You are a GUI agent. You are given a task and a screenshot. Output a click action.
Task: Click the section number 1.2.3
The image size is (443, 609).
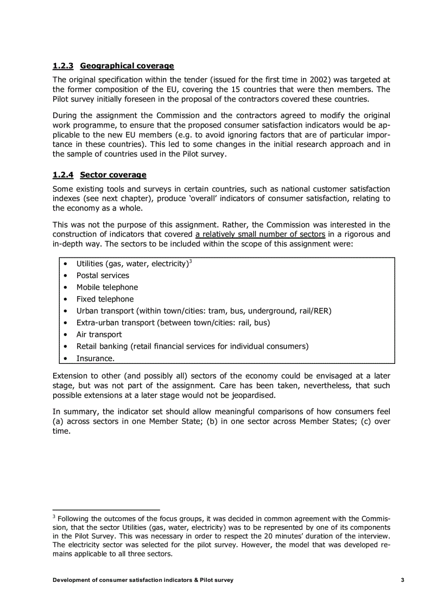pyautogui.click(x=63, y=66)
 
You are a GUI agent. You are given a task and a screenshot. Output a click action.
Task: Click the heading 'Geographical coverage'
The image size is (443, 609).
pyautogui.click(x=126, y=66)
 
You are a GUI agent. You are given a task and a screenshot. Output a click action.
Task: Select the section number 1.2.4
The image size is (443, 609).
pyautogui.click(x=63, y=175)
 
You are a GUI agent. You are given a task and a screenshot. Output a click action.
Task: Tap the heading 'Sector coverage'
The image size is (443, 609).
pyautogui.click(x=113, y=175)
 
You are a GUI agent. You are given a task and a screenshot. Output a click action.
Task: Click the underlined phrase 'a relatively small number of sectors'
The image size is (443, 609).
pyautogui.click(x=260, y=234)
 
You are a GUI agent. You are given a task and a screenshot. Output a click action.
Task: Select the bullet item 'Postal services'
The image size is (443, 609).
pyautogui.click(x=103, y=275)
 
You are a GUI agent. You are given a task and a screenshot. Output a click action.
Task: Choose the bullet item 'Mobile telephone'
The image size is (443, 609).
pyautogui.click(x=107, y=287)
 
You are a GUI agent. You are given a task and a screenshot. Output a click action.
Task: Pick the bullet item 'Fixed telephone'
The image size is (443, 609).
pyautogui.click(x=105, y=299)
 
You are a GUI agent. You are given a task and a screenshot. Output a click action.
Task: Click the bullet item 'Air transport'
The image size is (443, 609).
pyautogui.click(x=99, y=335)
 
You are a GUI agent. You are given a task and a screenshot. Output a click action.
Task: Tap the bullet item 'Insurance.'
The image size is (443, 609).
pyautogui.click(x=95, y=358)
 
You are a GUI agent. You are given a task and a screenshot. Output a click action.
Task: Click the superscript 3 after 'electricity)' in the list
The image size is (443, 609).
pyautogui.click(x=191, y=261)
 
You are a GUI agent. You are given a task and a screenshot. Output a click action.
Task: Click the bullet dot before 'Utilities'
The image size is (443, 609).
pyautogui.click(x=65, y=264)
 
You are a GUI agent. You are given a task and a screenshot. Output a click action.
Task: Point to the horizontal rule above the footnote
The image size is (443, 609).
pyautogui.click(x=106, y=510)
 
